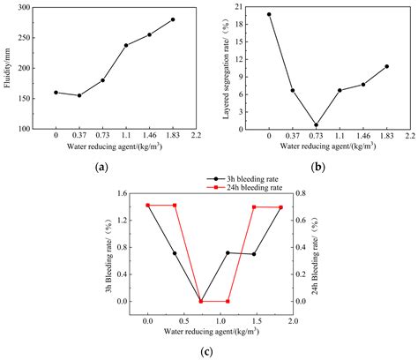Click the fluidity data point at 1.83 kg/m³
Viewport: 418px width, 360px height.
click(x=173, y=19)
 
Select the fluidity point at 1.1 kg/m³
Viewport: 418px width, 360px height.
click(x=126, y=45)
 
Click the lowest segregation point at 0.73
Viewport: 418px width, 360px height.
click(x=316, y=125)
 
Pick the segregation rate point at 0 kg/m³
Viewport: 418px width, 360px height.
click(x=268, y=14)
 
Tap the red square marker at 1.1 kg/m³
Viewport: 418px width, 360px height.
click(x=228, y=301)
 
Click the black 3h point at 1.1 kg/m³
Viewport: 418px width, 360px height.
click(x=228, y=253)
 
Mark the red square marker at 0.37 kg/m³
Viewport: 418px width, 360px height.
click(x=175, y=206)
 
